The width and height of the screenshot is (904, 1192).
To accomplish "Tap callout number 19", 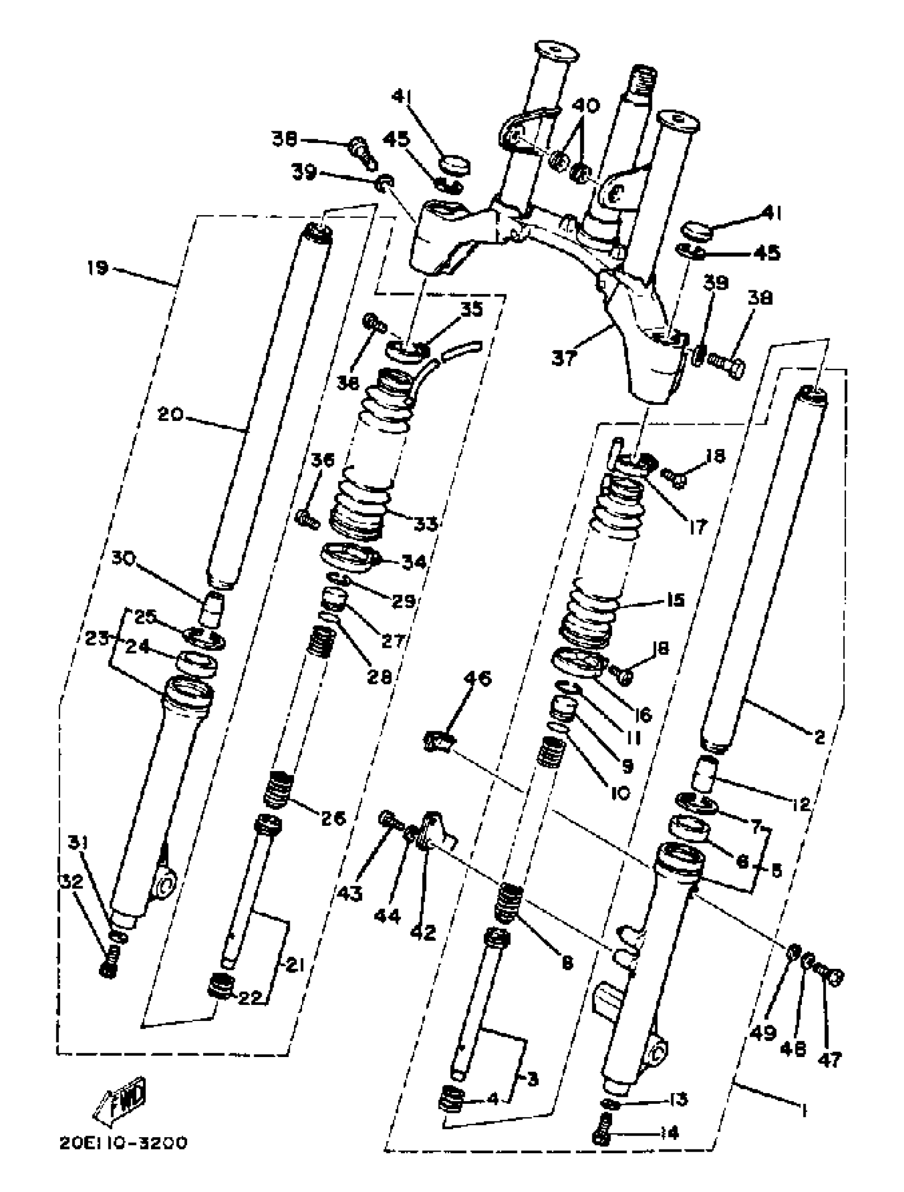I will click(x=97, y=268).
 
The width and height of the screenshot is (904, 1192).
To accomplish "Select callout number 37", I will click(x=564, y=358).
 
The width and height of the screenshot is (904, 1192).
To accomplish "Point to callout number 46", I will click(x=478, y=679).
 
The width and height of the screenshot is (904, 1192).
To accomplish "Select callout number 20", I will click(x=170, y=415).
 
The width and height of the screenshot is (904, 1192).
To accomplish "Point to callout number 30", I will click(x=123, y=559).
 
